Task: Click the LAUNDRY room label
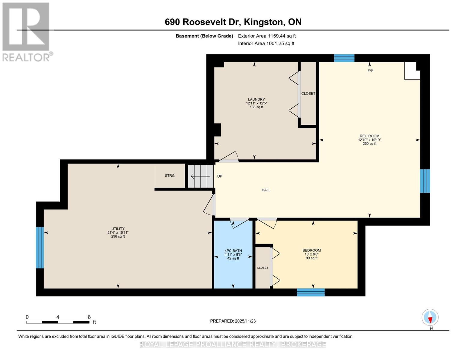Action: [x=256, y=99]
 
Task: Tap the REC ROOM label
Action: [x=369, y=136]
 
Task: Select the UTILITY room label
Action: [x=118, y=229]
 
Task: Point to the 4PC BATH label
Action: [x=233, y=250]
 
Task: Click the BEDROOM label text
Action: [x=311, y=250]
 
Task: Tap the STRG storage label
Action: [x=170, y=175]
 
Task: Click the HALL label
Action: [x=266, y=190]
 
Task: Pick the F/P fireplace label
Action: [x=370, y=71]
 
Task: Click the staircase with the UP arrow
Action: [x=201, y=176]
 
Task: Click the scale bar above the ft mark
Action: [x=58, y=322]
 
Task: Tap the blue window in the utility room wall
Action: [x=40, y=247]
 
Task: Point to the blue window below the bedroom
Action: [x=311, y=292]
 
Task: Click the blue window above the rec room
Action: [x=344, y=58]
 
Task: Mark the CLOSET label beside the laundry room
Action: [x=308, y=94]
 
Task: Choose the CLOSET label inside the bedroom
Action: [x=263, y=268]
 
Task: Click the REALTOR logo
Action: [x=27, y=32]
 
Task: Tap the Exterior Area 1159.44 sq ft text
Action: [x=267, y=36]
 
